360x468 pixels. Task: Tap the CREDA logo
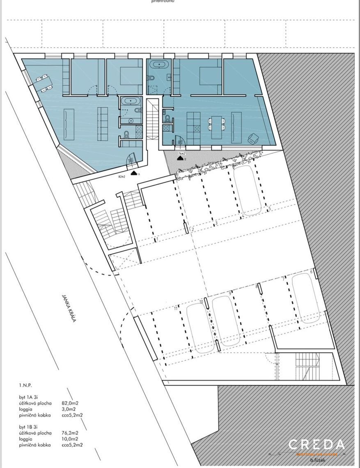point(316,444)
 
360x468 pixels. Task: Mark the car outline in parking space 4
point(247,190)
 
